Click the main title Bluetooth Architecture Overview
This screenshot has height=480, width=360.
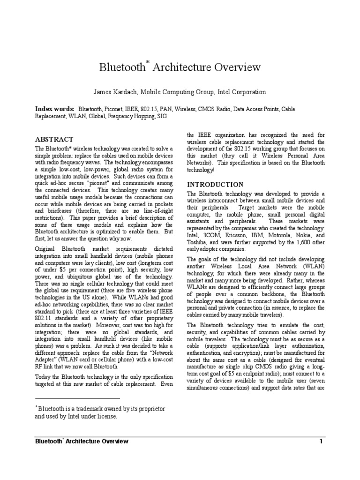[x=180, y=67]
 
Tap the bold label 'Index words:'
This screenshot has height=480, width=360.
[x=55, y=109]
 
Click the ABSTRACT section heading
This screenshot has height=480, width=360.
[x=55, y=139]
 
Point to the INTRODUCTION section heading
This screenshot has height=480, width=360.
[x=215, y=184]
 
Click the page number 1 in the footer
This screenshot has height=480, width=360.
[x=321, y=441]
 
